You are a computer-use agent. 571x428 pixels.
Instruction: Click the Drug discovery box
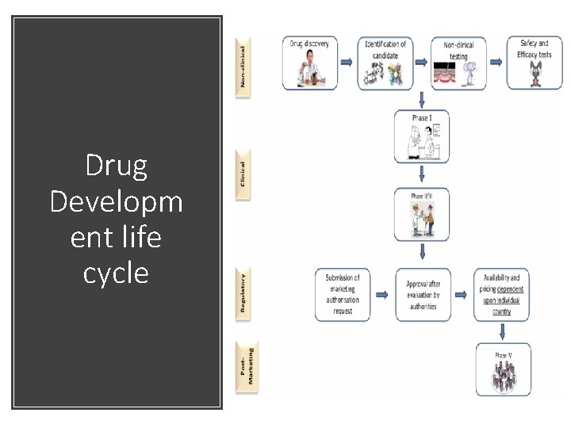tap(309, 63)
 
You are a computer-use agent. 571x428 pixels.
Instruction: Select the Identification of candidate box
tap(385, 63)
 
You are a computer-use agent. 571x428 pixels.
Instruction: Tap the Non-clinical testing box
tap(458, 63)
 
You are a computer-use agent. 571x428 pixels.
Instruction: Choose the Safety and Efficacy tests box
tap(534, 63)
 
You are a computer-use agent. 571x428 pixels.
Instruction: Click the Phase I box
tap(422, 136)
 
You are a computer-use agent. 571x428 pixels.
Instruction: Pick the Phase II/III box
tap(422, 214)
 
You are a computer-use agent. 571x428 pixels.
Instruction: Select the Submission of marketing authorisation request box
tap(342, 295)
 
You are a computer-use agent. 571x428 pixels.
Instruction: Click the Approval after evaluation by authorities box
tap(422, 295)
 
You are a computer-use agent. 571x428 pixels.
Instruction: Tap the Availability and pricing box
tap(501, 295)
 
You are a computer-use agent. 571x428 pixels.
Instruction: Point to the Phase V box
tap(503, 369)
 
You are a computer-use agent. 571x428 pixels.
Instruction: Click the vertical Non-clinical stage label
tap(243, 65)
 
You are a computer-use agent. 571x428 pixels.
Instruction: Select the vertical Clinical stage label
tap(243, 174)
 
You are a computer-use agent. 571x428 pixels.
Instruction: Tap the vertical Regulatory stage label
tap(243, 292)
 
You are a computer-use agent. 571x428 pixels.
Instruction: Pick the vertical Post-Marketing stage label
tap(247, 365)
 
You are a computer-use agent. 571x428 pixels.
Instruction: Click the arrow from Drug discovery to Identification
tap(347, 62)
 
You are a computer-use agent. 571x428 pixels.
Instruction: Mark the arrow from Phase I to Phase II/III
tap(422, 174)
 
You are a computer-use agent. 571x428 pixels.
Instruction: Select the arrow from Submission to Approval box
tap(382, 295)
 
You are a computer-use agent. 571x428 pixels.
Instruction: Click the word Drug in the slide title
tap(116, 166)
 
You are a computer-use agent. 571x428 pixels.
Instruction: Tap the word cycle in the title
tap(116, 273)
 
